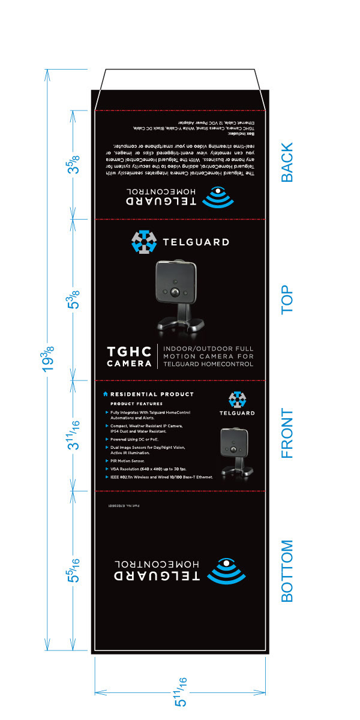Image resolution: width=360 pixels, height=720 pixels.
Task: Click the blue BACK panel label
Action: (x=287, y=162)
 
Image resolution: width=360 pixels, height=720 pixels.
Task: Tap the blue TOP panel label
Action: (x=287, y=299)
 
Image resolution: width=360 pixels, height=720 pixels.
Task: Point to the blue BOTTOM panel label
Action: (x=287, y=571)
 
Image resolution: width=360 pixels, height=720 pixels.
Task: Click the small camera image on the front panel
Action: (x=236, y=451)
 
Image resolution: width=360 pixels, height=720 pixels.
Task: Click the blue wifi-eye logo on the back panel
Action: (x=221, y=198)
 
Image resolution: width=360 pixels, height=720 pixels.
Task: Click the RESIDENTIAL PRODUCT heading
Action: (x=152, y=394)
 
